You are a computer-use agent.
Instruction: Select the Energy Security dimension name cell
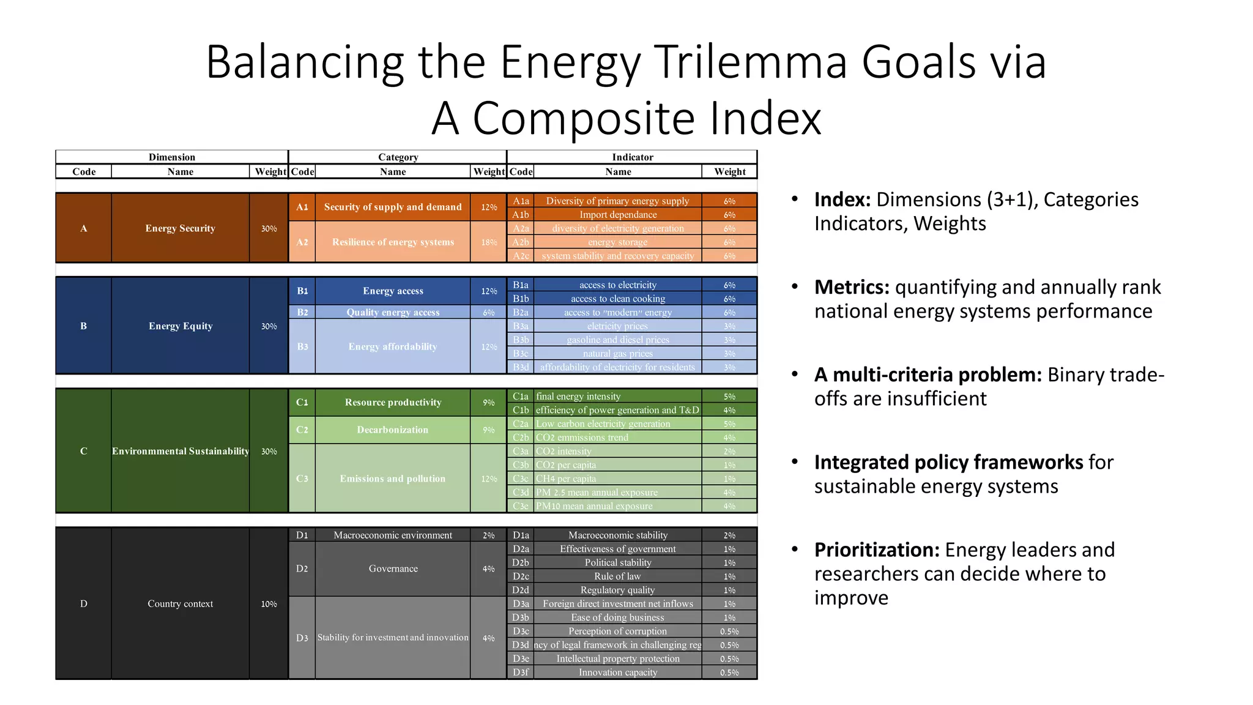tap(180, 228)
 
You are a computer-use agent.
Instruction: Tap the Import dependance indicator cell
tap(617, 215)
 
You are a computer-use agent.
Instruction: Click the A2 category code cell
tap(302, 242)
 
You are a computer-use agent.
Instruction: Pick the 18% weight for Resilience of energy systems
tap(488, 242)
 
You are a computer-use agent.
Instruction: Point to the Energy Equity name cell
tap(180, 326)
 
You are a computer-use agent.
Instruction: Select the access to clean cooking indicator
tap(617, 299)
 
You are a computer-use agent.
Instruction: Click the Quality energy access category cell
tap(392, 312)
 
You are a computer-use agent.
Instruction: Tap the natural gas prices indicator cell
tap(617, 354)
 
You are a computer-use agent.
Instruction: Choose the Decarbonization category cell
tap(392, 430)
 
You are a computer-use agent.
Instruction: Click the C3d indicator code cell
tap(521, 492)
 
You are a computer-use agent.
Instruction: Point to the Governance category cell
tap(393, 569)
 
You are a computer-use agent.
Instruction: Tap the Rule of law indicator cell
tap(617, 576)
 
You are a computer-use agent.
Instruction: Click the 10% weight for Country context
tap(269, 604)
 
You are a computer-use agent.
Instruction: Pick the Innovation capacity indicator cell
tap(617, 673)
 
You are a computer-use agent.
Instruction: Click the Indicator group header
tap(632, 157)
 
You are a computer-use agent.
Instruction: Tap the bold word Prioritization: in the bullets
tap(876, 550)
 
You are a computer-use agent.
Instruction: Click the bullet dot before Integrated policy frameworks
tap(795, 461)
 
